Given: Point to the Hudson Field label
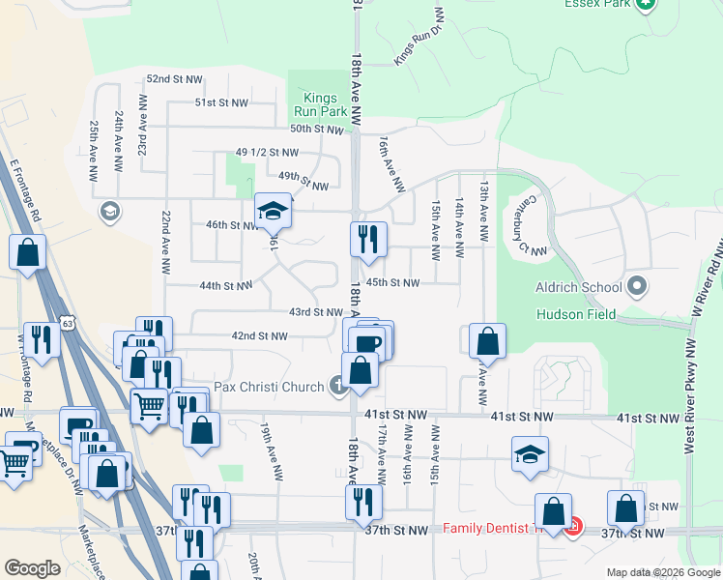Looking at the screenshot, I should (576, 314).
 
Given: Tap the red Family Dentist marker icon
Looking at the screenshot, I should (573, 528).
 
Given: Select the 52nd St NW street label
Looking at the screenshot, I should (174, 78).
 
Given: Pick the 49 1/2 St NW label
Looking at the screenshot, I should (267, 153).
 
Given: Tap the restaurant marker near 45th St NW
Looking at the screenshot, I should (368, 240).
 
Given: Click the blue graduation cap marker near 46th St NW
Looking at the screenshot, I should (274, 211).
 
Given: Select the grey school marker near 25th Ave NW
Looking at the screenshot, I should (109, 211).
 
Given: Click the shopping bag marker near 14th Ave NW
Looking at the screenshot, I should (488, 341).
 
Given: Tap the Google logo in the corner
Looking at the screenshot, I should (32, 567).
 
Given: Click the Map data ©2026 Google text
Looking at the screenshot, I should (663, 572).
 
